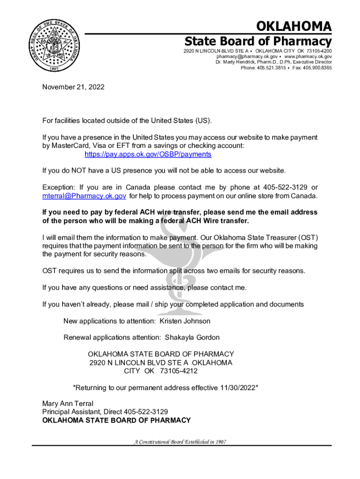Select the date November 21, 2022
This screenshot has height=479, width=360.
(x=73, y=87)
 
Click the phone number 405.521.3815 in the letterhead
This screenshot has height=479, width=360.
(x=273, y=68)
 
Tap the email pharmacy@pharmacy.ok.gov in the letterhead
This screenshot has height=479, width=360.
(x=249, y=56)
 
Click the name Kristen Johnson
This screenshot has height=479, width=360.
(x=185, y=321)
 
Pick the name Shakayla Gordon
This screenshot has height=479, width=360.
(x=192, y=337)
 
